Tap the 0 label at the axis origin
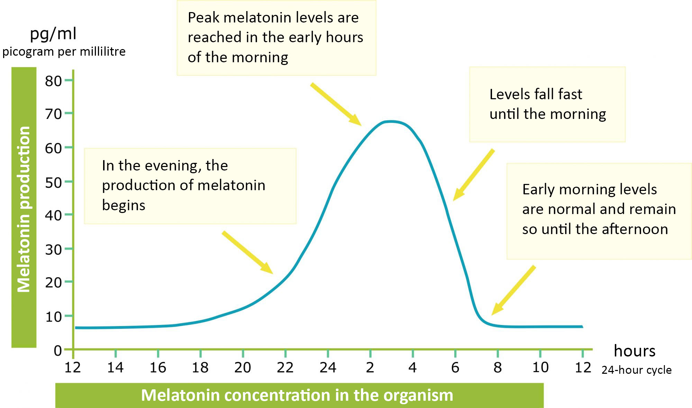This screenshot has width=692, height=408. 58,351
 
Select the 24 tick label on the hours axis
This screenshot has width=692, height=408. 328,368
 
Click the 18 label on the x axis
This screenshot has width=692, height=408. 200,368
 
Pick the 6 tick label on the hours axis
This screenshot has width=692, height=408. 455,368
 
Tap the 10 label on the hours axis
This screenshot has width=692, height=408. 540,368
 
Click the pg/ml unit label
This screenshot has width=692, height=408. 53,34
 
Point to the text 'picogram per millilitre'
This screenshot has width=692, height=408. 64,52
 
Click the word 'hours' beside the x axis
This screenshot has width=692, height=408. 634,351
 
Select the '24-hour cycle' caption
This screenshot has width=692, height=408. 636,370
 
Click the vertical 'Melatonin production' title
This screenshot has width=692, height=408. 24,209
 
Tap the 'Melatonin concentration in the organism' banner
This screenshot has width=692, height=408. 297,395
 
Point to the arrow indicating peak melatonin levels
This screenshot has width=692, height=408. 336,104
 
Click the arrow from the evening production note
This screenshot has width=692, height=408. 247,252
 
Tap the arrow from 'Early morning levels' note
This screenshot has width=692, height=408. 513,290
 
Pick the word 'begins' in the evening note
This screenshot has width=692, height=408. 124,205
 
